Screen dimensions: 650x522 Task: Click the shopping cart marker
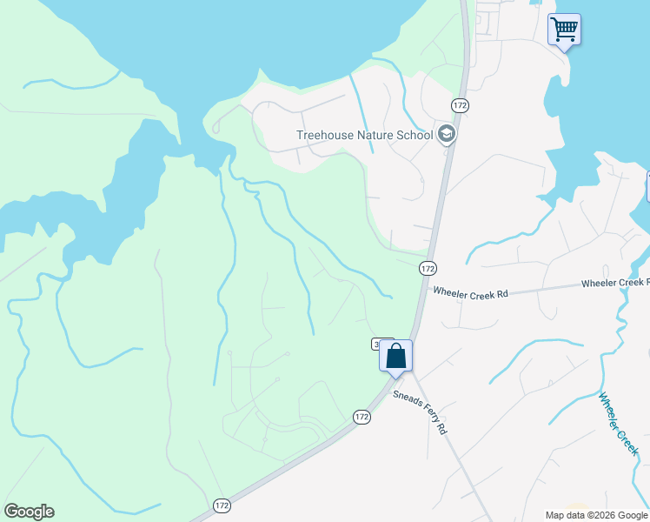coord(564,30)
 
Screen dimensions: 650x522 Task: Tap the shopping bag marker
coord(395,357)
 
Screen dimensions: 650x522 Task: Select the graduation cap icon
coord(447,134)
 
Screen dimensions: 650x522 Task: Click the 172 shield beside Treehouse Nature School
coord(460,105)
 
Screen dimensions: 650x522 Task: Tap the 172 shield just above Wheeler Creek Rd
coord(427,269)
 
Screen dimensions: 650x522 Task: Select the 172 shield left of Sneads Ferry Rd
coord(362,418)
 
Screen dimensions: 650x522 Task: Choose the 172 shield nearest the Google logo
coord(222,505)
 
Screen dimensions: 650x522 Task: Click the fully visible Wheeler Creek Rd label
coord(470,294)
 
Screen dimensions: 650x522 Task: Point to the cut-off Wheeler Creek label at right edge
coord(614,284)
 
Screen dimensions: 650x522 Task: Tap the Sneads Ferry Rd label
coord(421,412)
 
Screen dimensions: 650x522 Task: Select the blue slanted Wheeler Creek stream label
coord(618,424)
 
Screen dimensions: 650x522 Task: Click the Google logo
coord(29,512)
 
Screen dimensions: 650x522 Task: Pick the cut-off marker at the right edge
coord(647,186)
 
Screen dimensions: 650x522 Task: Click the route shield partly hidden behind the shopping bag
coord(377,345)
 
